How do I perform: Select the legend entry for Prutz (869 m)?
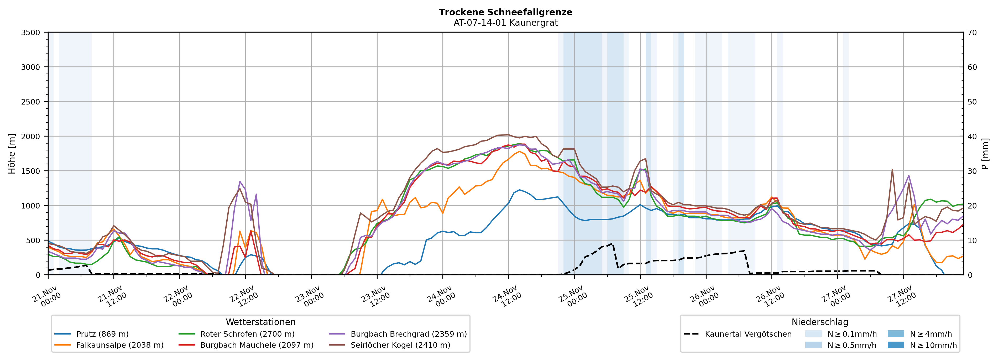(x=102, y=334)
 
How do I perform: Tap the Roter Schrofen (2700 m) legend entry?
(x=247, y=334)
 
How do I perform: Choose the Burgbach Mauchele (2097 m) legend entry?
(x=257, y=345)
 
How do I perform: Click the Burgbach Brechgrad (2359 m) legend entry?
(x=408, y=334)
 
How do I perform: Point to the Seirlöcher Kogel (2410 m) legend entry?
(x=400, y=345)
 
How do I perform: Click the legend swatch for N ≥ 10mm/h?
(x=895, y=345)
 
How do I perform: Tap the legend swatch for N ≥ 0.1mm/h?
(x=813, y=334)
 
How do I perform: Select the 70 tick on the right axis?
(x=972, y=33)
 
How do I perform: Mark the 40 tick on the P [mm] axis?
(x=972, y=136)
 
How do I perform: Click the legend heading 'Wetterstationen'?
(x=260, y=322)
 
